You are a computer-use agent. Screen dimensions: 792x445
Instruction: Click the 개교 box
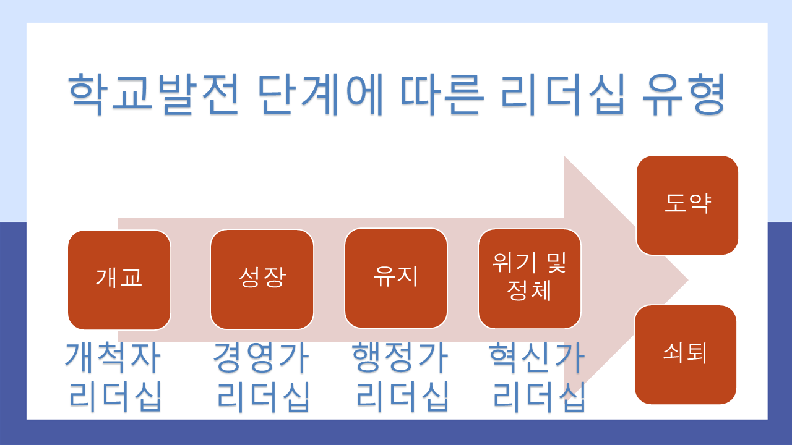pyautogui.click(x=119, y=279)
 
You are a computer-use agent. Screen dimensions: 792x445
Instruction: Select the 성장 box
pyautogui.click(x=262, y=279)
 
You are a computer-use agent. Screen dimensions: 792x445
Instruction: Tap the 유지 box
pyautogui.click(x=396, y=278)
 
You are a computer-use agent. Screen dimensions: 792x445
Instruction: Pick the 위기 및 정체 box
pyautogui.click(x=530, y=278)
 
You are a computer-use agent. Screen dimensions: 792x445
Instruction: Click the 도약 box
pyautogui.click(x=687, y=205)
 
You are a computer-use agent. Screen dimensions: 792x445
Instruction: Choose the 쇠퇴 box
pyautogui.click(x=686, y=355)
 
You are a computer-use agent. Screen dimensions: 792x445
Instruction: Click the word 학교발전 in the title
pyautogui.click(x=152, y=94)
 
